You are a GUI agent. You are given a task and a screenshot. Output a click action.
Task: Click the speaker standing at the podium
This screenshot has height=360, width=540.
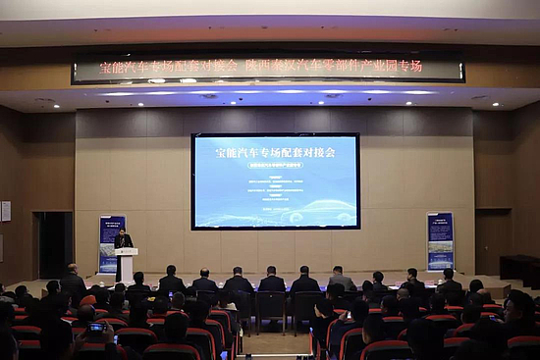point(123,240)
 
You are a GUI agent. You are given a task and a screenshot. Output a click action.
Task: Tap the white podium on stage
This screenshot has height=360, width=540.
point(126,265)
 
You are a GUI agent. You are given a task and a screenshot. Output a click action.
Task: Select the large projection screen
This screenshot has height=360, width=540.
point(275,181)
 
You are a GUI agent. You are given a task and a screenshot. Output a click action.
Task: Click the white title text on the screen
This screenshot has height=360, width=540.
point(275,153)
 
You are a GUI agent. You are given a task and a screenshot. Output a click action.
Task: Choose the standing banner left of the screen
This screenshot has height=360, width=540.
point(111,243)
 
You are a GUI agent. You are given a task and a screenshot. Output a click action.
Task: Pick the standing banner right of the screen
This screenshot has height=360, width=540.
point(441,241)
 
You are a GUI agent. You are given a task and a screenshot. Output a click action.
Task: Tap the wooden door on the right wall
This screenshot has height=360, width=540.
point(491,241)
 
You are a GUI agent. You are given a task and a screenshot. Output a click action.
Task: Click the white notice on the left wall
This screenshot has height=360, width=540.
point(6,211)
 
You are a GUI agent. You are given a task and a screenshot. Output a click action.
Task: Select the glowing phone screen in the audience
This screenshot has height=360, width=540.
point(96,328)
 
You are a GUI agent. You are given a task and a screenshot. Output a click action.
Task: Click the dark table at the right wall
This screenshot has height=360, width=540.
point(519,267)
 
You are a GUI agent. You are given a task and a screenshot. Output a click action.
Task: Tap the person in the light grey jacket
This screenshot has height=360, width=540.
point(342,282)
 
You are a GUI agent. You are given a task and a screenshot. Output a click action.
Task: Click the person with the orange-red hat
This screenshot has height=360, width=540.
point(88,300)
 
